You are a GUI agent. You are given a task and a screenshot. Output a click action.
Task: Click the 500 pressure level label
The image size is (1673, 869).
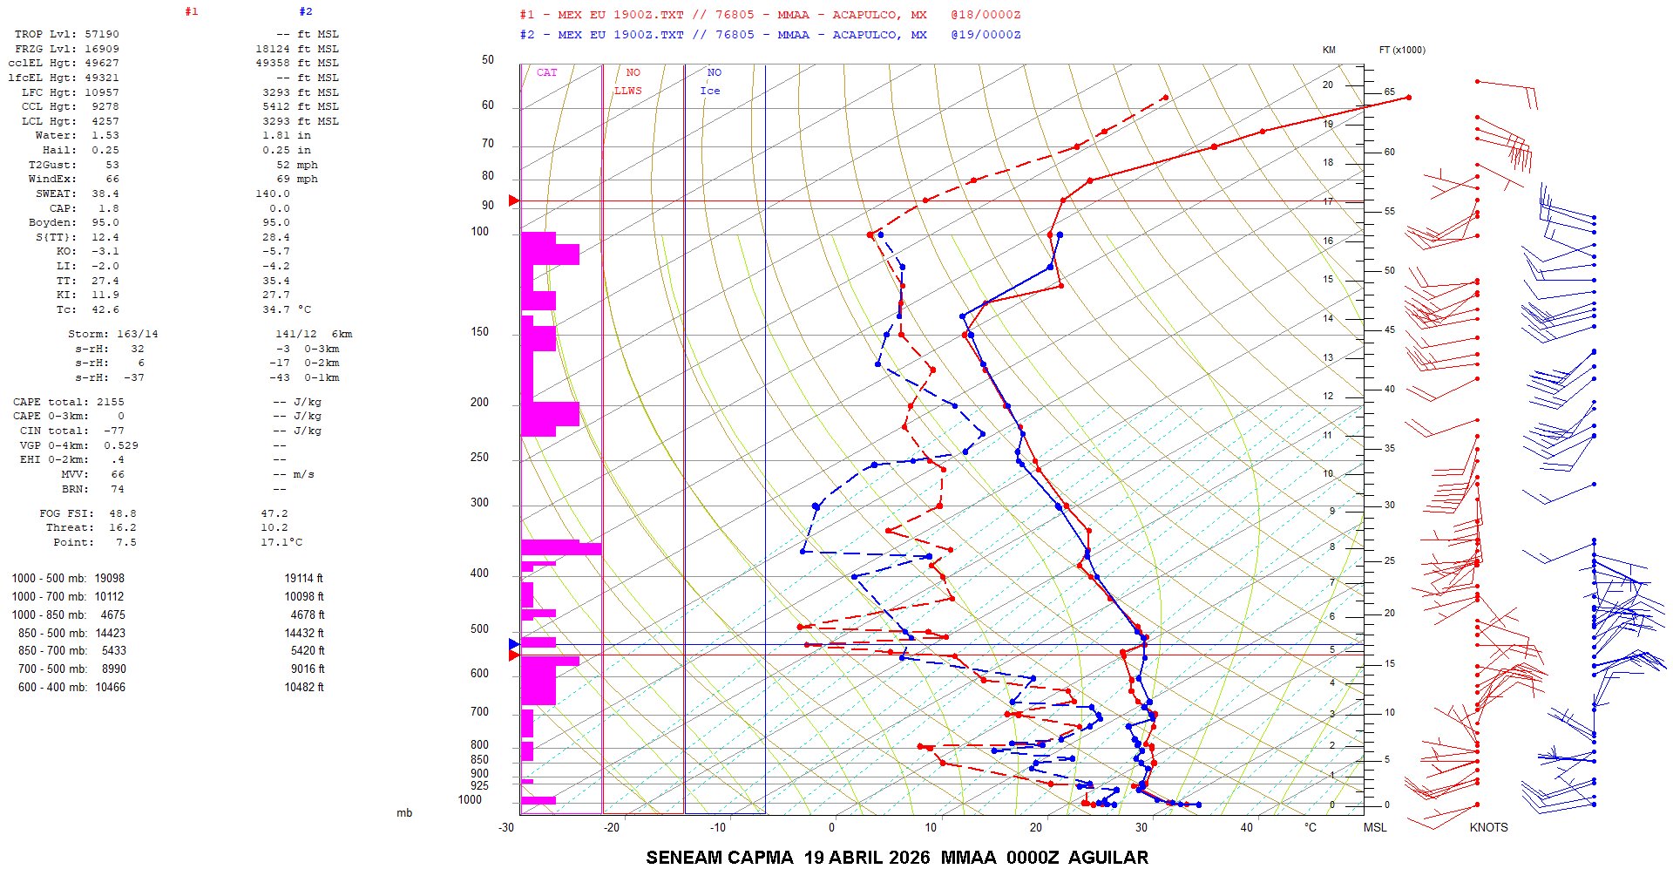click(x=479, y=629)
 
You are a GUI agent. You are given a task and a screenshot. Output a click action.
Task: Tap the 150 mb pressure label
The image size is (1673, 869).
click(x=479, y=332)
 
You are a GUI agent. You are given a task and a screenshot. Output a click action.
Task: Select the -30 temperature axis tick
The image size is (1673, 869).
click(x=506, y=827)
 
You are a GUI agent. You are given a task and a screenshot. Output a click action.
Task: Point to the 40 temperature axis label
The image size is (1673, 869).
click(x=1247, y=827)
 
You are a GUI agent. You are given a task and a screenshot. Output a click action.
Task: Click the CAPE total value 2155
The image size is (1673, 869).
click(x=110, y=402)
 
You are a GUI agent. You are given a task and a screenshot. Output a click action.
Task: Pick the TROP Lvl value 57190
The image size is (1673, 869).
click(x=102, y=34)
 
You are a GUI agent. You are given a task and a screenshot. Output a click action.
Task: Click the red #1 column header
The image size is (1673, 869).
click(x=192, y=12)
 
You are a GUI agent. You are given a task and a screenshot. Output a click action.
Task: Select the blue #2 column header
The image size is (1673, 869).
click(x=306, y=12)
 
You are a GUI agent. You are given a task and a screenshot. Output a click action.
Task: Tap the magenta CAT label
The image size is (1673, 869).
click(x=546, y=72)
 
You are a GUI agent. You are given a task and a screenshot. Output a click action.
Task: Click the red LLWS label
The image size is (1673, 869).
click(x=627, y=91)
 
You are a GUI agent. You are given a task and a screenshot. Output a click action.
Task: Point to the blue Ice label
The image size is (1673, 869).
click(x=710, y=91)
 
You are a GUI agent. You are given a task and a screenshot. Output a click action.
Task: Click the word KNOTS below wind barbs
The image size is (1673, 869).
click(x=1488, y=827)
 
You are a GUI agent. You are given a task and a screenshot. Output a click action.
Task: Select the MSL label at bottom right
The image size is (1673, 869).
click(x=1375, y=827)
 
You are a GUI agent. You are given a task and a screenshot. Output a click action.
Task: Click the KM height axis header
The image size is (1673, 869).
click(x=1329, y=50)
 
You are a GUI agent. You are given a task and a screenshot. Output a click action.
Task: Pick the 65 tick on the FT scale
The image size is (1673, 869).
click(x=1390, y=92)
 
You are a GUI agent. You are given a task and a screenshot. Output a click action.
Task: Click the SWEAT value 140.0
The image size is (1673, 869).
click(x=273, y=193)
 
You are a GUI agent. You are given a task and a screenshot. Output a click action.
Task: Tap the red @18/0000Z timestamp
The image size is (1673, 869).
click(x=986, y=15)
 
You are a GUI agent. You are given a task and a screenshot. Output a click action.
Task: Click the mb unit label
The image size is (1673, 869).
click(x=404, y=813)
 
